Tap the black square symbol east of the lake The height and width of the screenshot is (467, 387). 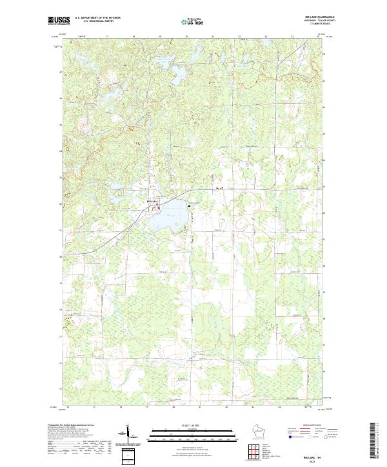(x=190, y=205)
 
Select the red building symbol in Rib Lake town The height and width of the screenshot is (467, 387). (x=158, y=207)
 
